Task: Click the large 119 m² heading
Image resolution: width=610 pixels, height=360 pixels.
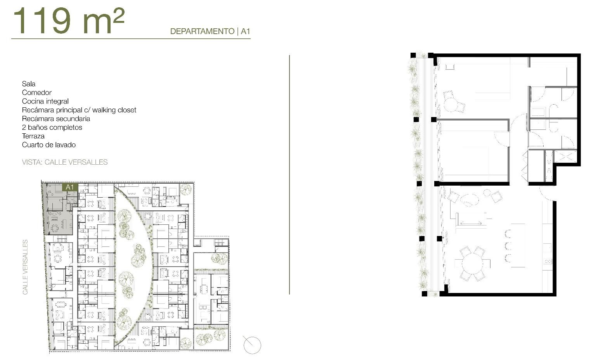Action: click(69, 21)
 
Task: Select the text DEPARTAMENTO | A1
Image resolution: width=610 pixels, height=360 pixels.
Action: click(210, 31)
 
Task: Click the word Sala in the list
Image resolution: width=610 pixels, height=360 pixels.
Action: click(29, 84)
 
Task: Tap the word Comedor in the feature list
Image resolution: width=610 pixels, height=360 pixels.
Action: click(37, 93)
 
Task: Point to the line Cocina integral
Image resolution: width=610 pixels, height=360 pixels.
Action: click(45, 101)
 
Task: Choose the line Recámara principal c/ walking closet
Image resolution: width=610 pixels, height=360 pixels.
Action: click(79, 110)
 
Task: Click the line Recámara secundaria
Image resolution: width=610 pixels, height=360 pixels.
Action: click(56, 119)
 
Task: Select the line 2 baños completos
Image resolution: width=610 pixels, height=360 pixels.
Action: click(52, 127)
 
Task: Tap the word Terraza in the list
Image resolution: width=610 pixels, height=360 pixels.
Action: click(33, 136)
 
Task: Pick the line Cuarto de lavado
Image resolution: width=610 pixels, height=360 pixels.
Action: click(49, 145)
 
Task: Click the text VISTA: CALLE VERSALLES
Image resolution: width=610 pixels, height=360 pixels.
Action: click(65, 162)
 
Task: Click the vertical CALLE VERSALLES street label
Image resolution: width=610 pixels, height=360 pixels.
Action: click(25, 267)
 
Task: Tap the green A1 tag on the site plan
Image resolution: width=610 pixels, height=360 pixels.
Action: click(70, 187)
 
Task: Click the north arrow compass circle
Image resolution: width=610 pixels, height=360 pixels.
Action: click(252, 345)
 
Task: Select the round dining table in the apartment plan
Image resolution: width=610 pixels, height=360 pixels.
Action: click(472, 264)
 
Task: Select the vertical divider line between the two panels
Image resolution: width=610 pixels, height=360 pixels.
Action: click(289, 175)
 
